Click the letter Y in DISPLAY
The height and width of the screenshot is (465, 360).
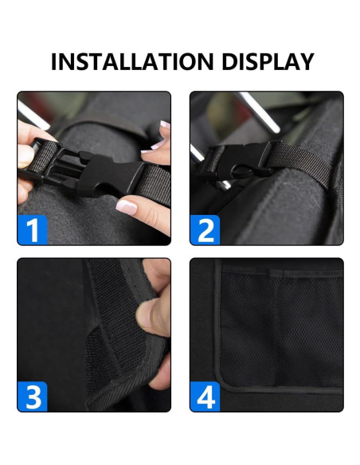click(x=304, y=62)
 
